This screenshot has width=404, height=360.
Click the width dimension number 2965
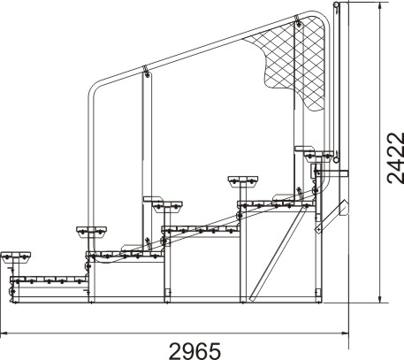[x=194, y=350]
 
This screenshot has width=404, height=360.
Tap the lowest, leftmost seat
[x=16, y=257]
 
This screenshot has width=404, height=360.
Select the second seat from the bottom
[x=91, y=232]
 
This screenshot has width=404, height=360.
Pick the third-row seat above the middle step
[x=167, y=206]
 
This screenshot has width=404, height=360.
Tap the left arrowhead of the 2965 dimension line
[x=4, y=333]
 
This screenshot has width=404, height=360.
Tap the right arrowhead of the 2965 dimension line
[x=345, y=333]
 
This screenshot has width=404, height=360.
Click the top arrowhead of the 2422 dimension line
[x=380, y=6]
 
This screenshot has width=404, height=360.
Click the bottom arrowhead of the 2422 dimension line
[x=380, y=298]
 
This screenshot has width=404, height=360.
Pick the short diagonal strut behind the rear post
[x=332, y=216]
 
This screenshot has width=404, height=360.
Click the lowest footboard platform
[x=49, y=280]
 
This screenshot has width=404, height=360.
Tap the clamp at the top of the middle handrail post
[x=147, y=72]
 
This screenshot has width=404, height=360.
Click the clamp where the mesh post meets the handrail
[x=298, y=21]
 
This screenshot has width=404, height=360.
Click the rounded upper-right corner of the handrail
[x=323, y=19]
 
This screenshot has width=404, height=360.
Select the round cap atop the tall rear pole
[x=336, y=4]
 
